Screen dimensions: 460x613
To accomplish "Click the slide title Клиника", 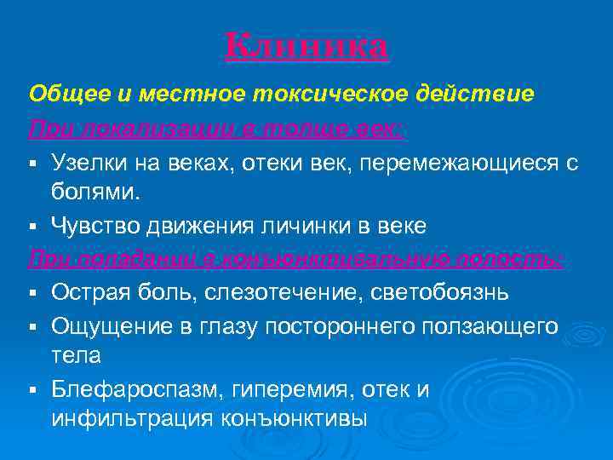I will pyautogui.click(x=306, y=47).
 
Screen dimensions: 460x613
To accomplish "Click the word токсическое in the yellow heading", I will pyautogui.click(x=323, y=94).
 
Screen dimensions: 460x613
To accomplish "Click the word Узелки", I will pyautogui.click(x=88, y=162).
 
